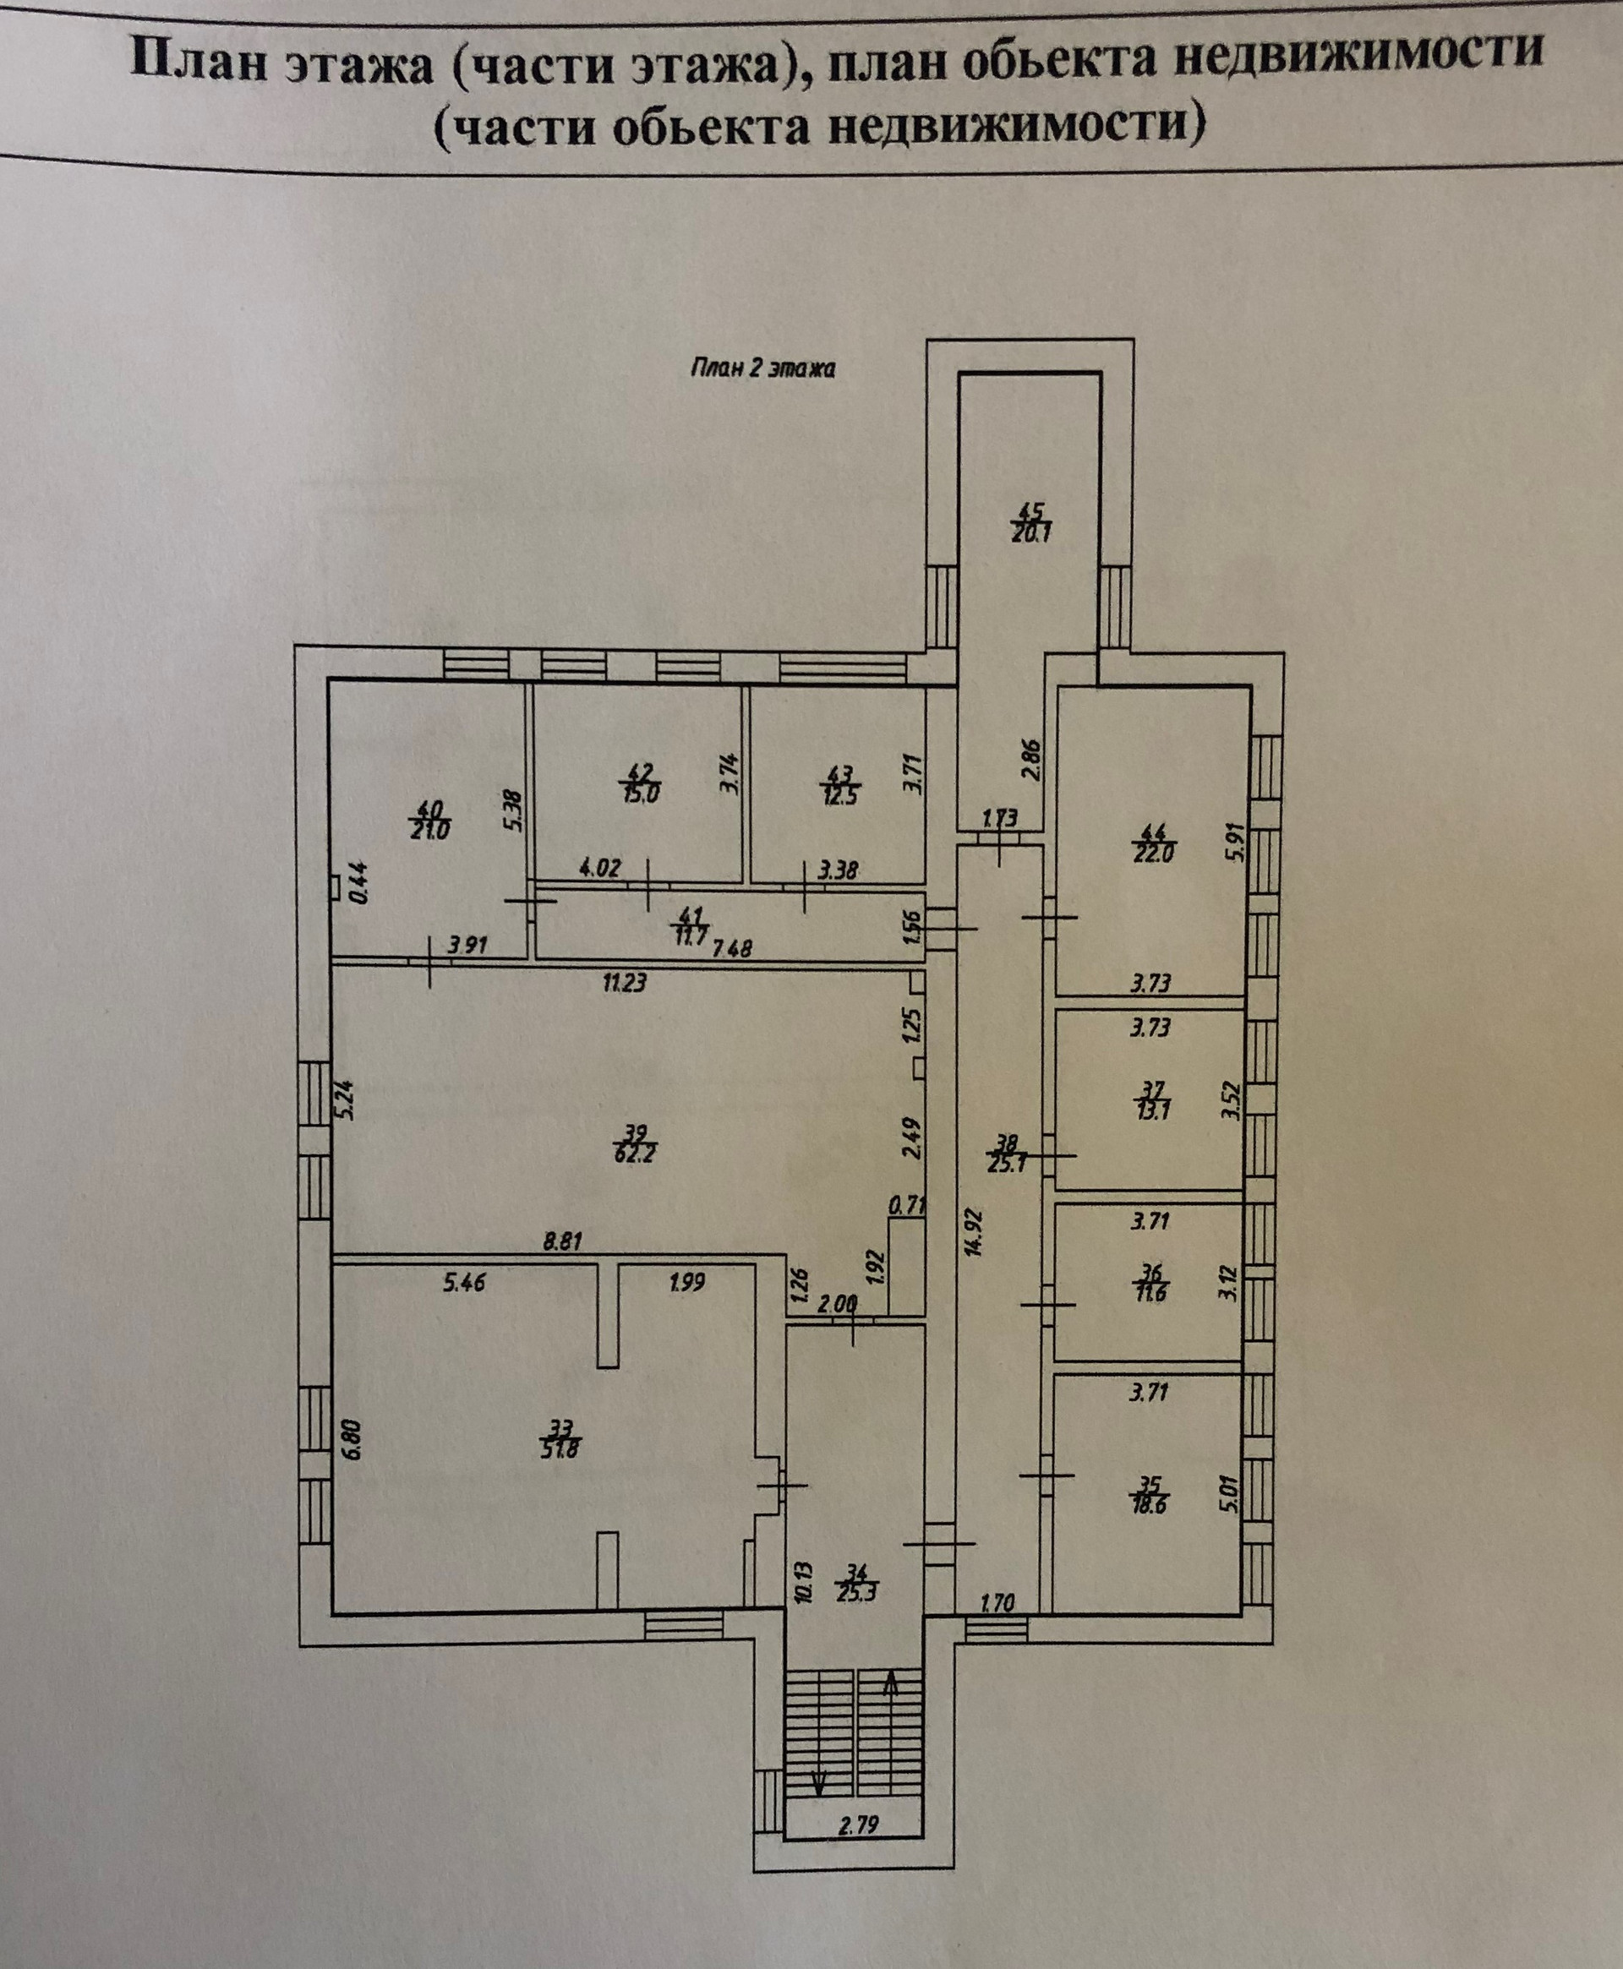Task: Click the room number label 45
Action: [1029, 511]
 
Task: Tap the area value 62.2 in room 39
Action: [636, 1154]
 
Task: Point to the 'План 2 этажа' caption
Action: [762, 368]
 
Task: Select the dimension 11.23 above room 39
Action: [625, 982]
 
